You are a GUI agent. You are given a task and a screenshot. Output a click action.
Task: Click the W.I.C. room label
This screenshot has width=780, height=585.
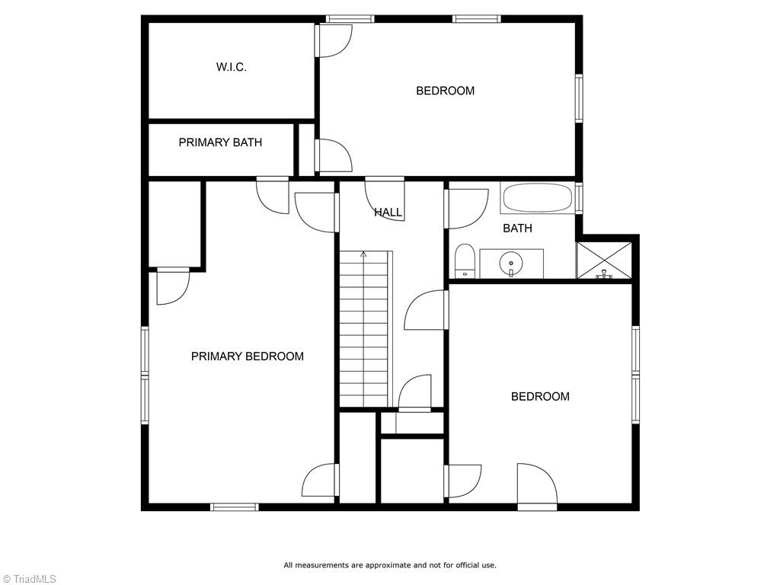[x=231, y=67]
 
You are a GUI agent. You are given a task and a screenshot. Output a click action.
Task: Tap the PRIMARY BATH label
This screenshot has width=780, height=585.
[x=220, y=142]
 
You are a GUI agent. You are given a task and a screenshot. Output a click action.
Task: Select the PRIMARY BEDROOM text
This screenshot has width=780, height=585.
[x=247, y=356]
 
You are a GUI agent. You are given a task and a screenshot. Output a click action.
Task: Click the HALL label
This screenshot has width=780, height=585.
[x=388, y=213]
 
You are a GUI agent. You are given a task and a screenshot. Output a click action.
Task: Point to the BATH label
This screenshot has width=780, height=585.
[x=517, y=228]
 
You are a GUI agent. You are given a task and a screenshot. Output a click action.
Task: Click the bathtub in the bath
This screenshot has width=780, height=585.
[x=537, y=199]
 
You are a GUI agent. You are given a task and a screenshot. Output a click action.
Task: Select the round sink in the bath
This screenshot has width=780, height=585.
[x=510, y=264]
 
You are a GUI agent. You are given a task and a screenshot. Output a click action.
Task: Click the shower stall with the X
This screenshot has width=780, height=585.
[x=604, y=261]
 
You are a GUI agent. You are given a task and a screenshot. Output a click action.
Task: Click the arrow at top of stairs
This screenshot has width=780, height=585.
[x=363, y=254]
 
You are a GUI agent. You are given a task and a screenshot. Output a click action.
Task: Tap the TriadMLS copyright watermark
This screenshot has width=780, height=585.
[x=29, y=579]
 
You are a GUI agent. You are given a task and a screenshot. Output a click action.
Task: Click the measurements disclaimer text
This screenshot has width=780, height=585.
[x=389, y=565]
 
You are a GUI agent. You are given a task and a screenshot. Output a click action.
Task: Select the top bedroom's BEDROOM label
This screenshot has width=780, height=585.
[x=445, y=91]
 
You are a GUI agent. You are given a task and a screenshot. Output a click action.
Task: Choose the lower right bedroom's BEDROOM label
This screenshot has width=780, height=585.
[x=539, y=396]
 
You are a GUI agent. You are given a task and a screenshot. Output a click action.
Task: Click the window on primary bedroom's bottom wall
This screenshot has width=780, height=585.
[x=234, y=507]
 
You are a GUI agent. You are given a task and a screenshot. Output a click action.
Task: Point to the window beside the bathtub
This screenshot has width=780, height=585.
[x=579, y=198]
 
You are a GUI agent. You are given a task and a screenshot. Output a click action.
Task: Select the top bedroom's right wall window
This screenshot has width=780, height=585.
[x=579, y=98]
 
